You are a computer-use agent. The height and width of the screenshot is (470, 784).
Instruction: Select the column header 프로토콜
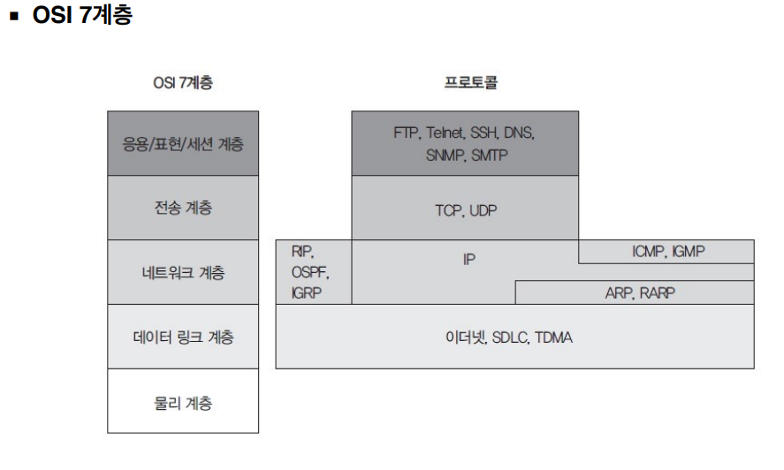click(469, 84)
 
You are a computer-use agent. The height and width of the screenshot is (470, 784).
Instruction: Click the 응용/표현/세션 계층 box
click(183, 143)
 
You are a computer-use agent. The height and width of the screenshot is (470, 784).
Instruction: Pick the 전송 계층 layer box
click(183, 208)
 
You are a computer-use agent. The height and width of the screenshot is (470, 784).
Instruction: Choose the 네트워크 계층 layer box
click(183, 272)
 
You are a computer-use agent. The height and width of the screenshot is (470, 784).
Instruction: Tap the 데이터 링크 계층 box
click(183, 337)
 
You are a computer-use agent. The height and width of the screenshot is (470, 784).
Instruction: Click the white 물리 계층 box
click(183, 401)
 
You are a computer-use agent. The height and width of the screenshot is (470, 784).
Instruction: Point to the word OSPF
click(309, 272)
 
